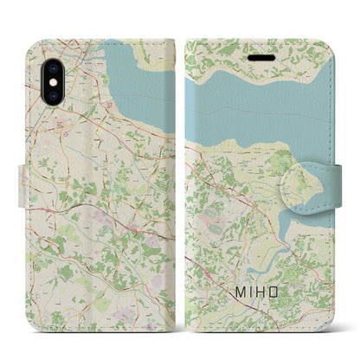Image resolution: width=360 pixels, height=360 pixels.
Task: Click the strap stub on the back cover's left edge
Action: [x=21, y=180]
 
